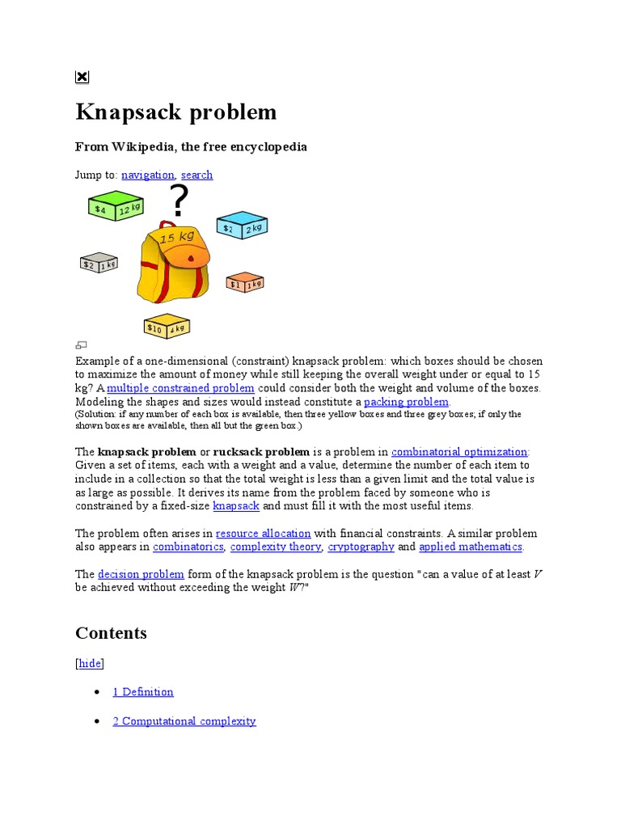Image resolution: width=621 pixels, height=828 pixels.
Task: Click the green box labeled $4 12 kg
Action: pyautogui.click(x=115, y=206)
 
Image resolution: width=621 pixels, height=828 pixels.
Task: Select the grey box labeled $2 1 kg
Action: pyautogui.click(x=99, y=262)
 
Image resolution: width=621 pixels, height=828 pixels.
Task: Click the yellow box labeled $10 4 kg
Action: pyautogui.click(x=167, y=325)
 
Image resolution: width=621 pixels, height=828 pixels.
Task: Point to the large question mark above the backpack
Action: pyautogui.click(x=178, y=201)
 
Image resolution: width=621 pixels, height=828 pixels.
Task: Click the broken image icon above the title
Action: pyautogui.click(x=82, y=77)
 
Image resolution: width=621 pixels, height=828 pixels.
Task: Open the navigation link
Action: pyautogui.click(x=148, y=175)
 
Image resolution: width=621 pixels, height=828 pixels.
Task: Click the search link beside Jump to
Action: pyautogui.click(x=196, y=175)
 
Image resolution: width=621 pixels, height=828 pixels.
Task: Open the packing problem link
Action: pyautogui.click(x=406, y=402)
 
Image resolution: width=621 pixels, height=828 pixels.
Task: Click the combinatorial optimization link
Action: pyautogui.click(x=459, y=451)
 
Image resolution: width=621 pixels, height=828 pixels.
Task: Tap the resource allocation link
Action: pyautogui.click(x=264, y=534)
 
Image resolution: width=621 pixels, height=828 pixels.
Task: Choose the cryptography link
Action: pyautogui.click(x=362, y=547)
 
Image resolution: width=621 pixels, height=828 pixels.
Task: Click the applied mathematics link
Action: pyautogui.click(x=471, y=547)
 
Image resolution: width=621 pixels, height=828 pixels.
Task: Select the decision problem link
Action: pyautogui.click(x=142, y=574)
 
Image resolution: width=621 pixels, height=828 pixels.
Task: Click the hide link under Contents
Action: pyautogui.click(x=90, y=663)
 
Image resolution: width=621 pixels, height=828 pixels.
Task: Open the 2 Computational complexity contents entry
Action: pyautogui.click(x=184, y=721)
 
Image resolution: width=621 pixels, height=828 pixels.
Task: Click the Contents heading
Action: pyautogui.click(x=111, y=633)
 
